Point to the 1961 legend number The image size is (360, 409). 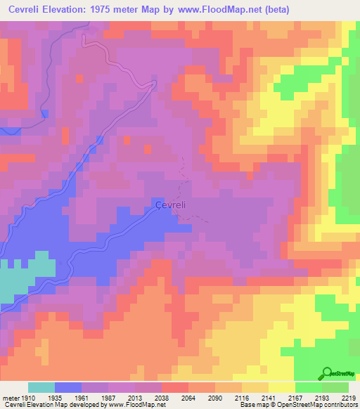pyautogui.click(x=82, y=397)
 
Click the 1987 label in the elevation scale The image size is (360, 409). pyautogui.click(x=108, y=397)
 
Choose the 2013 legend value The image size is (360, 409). pyautogui.click(x=135, y=397)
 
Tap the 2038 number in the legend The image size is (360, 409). pyautogui.click(x=162, y=397)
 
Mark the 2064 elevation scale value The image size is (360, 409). pyautogui.click(x=188, y=397)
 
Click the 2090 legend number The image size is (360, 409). pyautogui.click(x=215, y=397)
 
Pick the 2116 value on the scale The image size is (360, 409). pyautogui.click(x=242, y=397)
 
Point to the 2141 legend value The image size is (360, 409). pyautogui.click(x=269, y=397)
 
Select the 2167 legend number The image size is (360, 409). pyautogui.click(x=295, y=397)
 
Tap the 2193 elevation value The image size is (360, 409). pyautogui.click(x=322, y=397)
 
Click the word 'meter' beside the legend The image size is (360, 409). pyautogui.click(x=11, y=397)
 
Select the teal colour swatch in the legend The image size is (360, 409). pyautogui.click(x=41, y=387)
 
